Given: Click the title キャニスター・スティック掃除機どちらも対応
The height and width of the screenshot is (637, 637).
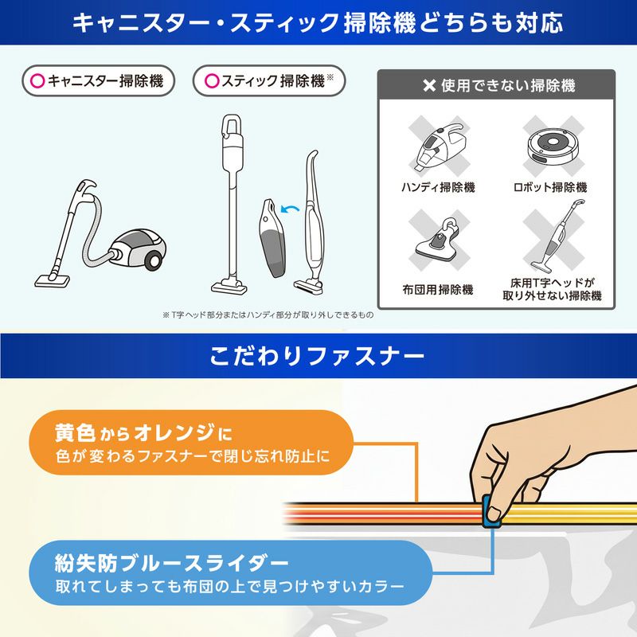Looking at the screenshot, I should point(318,22).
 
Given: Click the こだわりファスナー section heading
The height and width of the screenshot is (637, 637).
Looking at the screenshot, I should point(318,356).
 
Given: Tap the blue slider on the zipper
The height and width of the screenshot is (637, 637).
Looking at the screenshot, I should point(493,512).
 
